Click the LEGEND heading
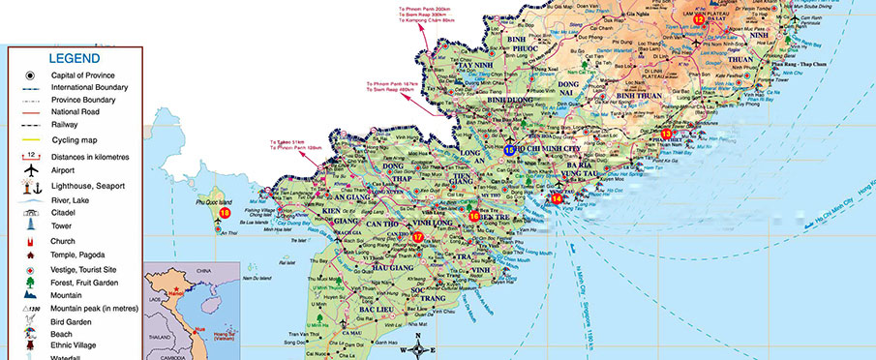pyautogui.click(x=74, y=58)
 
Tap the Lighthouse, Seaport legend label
pyautogui.click(x=88, y=185)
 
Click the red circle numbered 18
pyautogui.click(x=225, y=213)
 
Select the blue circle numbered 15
pyautogui.click(x=509, y=149)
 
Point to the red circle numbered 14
pyautogui.click(x=557, y=198)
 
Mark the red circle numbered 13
pyautogui.click(x=666, y=134)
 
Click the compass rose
pyautogui.click(x=417, y=349)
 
